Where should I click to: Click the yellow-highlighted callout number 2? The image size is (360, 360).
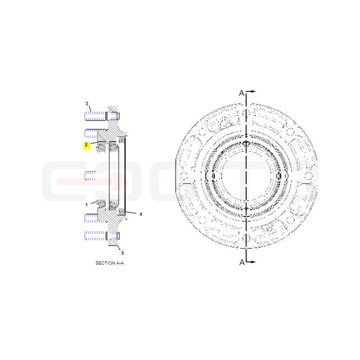(86, 145)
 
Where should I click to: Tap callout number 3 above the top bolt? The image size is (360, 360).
(87, 103)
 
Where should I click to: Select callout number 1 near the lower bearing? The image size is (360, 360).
(86, 205)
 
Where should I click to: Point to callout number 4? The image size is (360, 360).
(141, 214)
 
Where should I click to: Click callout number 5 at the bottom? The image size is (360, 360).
(122, 253)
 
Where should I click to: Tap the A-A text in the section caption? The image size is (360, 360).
(119, 263)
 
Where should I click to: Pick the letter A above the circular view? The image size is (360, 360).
(242, 93)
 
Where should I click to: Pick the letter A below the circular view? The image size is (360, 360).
(242, 262)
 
